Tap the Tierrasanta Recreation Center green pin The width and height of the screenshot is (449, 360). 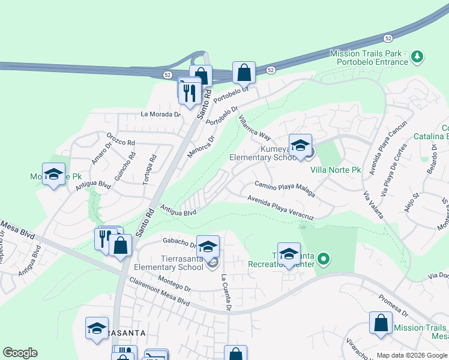324,260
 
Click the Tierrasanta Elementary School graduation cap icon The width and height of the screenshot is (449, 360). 208,247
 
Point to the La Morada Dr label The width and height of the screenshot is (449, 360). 160,114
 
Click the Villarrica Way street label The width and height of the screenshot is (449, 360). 255,128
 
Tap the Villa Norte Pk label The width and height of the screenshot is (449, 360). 335,170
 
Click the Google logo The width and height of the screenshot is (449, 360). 20,353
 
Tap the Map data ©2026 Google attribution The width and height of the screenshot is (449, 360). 411,355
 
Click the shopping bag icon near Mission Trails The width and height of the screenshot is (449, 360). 381,323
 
